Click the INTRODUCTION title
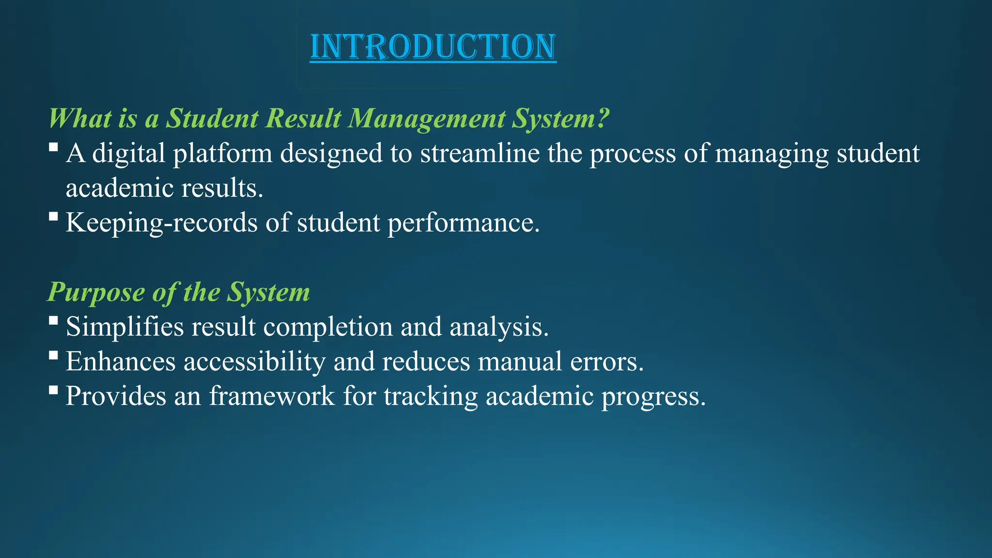(x=433, y=47)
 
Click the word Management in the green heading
(x=427, y=118)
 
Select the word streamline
(x=480, y=154)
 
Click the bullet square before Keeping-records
(x=54, y=216)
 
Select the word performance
(x=463, y=223)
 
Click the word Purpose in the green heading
(x=96, y=292)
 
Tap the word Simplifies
(x=125, y=326)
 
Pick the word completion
(x=328, y=326)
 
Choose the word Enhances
(x=121, y=361)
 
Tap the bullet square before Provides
(x=54, y=389)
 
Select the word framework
(x=272, y=396)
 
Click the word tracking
(x=431, y=396)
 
